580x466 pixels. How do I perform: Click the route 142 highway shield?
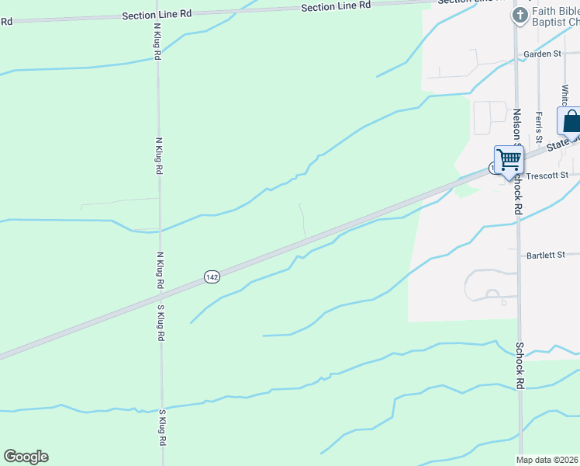point(212,276)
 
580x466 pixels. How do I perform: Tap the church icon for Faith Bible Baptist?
point(518,15)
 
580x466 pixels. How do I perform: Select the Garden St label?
point(541,54)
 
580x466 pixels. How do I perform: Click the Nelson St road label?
point(516,125)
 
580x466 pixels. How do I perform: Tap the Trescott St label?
point(547,176)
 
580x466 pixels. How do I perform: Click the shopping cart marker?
point(509,160)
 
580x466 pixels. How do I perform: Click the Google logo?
point(26,457)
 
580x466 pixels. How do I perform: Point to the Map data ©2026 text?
point(547,460)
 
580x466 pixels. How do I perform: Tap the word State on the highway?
point(555,145)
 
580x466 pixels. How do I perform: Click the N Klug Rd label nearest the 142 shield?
point(160,270)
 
